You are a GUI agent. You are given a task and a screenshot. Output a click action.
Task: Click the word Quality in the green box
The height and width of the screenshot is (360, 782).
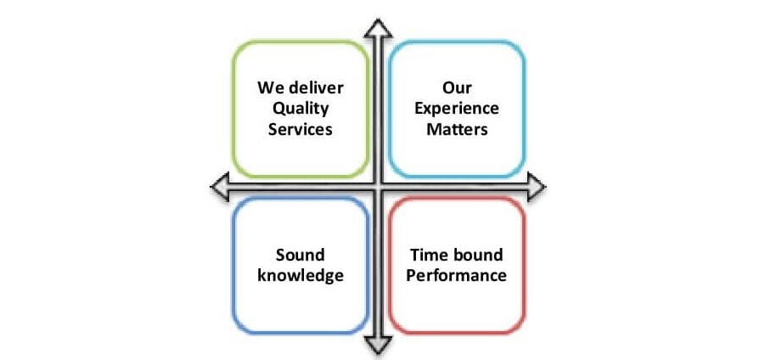point(301,110)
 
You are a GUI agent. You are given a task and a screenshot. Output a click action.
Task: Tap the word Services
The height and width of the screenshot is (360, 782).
point(301,129)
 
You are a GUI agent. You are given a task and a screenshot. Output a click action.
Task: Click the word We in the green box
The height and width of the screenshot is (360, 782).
point(272,88)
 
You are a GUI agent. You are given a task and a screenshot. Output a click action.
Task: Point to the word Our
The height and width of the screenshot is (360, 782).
point(457,88)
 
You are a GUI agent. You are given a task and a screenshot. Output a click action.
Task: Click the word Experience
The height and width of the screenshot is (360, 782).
point(457,110)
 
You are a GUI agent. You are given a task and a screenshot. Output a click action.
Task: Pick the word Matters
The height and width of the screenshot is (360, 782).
point(457,129)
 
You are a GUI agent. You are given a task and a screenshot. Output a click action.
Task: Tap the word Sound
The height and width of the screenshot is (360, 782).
point(301,255)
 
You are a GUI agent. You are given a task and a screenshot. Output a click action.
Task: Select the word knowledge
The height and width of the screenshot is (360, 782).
point(301,276)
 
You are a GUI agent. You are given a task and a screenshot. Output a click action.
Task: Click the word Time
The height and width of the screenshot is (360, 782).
point(427,255)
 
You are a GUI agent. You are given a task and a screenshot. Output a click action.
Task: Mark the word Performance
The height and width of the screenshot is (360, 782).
point(456,275)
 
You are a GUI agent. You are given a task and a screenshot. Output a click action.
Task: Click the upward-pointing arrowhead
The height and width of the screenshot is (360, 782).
point(378,28)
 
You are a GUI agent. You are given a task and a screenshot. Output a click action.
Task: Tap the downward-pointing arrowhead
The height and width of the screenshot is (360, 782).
point(378,345)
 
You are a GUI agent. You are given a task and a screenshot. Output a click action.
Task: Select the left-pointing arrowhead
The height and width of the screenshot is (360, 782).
point(220,187)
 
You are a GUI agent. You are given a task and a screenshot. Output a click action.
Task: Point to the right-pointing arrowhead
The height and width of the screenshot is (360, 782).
point(536,187)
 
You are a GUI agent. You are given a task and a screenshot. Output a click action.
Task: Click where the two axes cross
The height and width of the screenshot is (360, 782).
point(378,187)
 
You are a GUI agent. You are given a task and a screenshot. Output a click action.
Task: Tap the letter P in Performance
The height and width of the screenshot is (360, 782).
point(411,275)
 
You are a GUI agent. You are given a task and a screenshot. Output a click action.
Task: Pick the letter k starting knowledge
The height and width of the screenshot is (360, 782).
point(262,275)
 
